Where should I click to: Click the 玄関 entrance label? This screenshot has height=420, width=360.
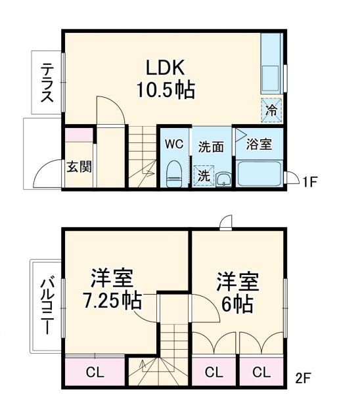pyautogui.click(x=78, y=166)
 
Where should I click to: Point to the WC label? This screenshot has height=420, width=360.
pyautogui.click(x=173, y=144)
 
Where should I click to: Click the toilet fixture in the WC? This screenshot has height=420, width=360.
pyautogui.click(x=173, y=172)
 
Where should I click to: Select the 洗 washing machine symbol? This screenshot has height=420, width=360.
pyautogui.click(x=204, y=175)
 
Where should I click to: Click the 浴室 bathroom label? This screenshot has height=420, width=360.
pyautogui.click(x=259, y=144)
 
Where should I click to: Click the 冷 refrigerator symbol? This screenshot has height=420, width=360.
pyautogui.click(x=271, y=110)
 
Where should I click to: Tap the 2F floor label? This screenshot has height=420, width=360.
pyautogui.click(x=303, y=378)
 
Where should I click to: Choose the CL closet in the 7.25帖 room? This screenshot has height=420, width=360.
pyautogui.click(x=95, y=373)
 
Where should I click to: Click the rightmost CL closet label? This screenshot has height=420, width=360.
pyautogui.click(x=261, y=373)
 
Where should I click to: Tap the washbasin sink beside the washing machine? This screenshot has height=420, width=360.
pyautogui.click(x=223, y=178)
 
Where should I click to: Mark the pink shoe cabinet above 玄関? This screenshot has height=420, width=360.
pyautogui.click(x=79, y=136)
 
